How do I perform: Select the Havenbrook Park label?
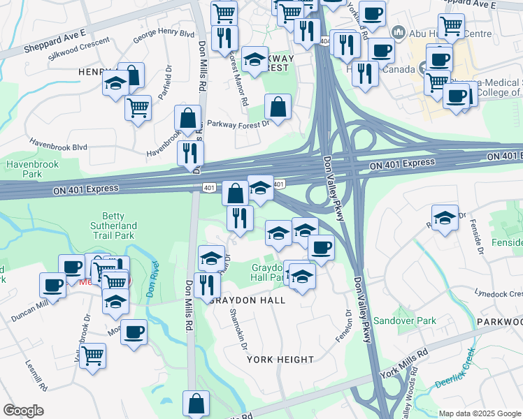[24, 168]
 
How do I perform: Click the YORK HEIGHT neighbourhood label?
[280, 360]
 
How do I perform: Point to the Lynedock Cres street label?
[499, 293]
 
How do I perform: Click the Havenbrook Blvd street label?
[61, 147]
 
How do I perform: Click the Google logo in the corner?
[24, 410]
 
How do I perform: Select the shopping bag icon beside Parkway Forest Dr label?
[278, 108]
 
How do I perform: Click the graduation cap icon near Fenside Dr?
[445, 218]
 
